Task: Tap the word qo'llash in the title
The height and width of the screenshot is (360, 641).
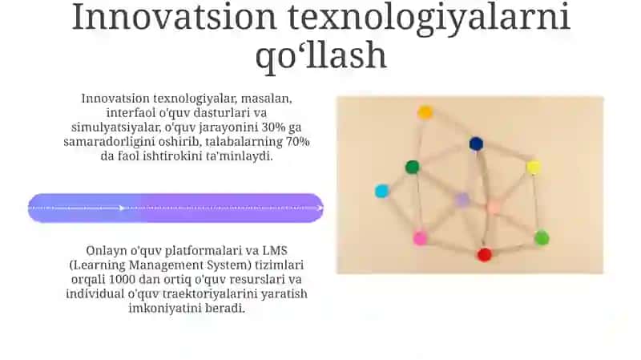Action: [x=321, y=55]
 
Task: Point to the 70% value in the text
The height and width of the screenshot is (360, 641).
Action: [x=298, y=142]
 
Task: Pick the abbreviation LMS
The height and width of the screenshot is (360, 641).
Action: [x=275, y=250]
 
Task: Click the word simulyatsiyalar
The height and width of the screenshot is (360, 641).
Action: [x=116, y=127]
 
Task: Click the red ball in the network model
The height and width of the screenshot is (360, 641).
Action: [x=485, y=254]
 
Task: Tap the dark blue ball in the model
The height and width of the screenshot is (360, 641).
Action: [x=476, y=144]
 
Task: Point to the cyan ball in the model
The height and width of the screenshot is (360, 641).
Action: [x=382, y=191]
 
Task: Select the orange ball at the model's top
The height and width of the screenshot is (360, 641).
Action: [x=425, y=112]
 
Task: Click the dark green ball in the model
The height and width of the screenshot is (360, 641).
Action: [x=412, y=167]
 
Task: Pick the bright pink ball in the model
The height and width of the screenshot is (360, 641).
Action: [x=420, y=237]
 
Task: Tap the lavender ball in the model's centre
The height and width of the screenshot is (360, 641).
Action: [x=462, y=200]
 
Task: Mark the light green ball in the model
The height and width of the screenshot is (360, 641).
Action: [x=542, y=237]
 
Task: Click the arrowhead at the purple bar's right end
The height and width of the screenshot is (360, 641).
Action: [x=320, y=208]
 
